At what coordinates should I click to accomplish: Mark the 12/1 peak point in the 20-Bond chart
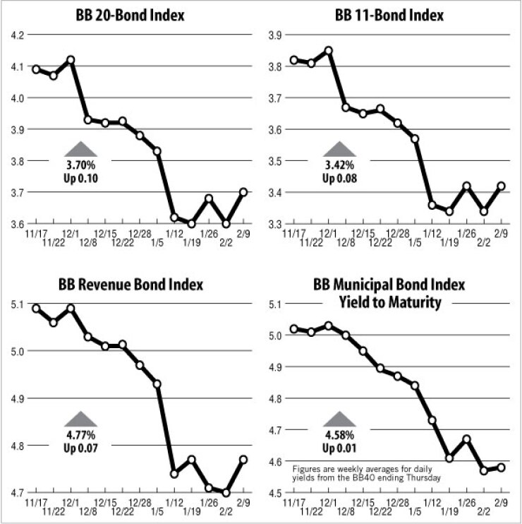pyautogui.click(x=71, y=59)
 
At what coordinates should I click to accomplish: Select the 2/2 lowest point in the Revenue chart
pyautogui.click(x=226, y=492)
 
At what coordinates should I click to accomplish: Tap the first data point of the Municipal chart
pyautogui.click(x=294, y=328)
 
